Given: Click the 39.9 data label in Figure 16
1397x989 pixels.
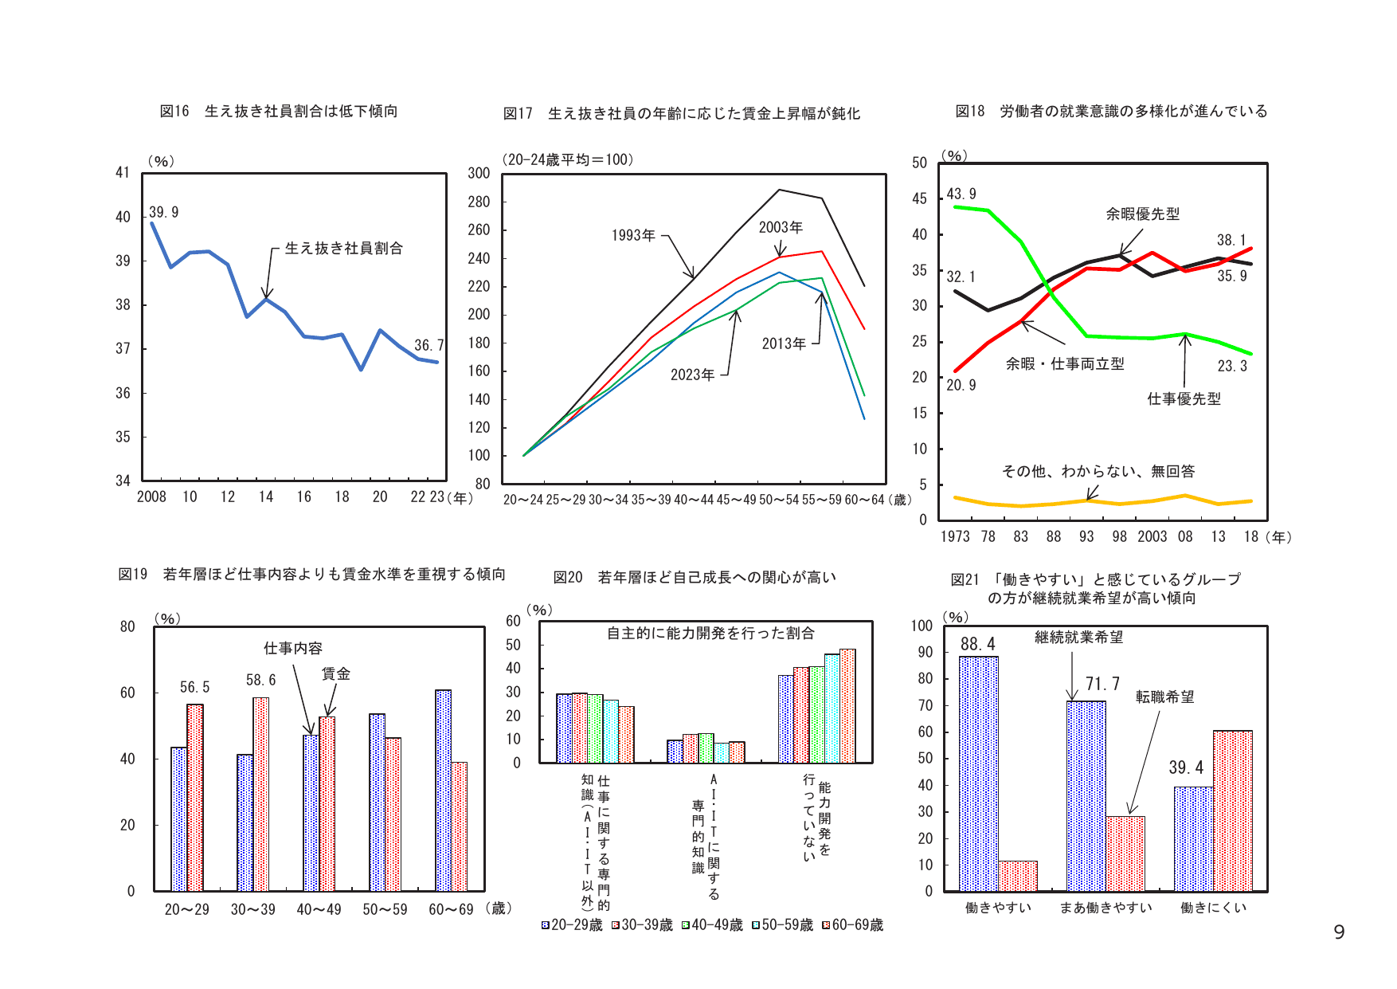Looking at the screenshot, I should click(x=164, y=212).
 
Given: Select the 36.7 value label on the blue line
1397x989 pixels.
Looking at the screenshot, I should click(x=428, y=345).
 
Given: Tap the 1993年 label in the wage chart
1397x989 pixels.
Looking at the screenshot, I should click(x=633, y=235).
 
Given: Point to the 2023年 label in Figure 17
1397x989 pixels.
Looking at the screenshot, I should click(x=692, y=375).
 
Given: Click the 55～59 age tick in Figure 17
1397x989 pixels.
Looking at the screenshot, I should click(x=821, y=500).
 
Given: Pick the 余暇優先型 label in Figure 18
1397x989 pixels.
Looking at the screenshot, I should click(x=1142, y=214).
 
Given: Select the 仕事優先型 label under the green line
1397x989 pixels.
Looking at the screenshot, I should click(x=1184, y=398).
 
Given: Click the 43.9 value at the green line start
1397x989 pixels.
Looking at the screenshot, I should click(x=961, y=194).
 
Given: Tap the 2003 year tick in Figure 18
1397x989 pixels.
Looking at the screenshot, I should click(x=1152, y=536).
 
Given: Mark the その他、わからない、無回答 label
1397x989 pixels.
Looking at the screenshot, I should click(x=1098, y=471).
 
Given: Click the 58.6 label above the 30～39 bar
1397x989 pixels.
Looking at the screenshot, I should click(x=260, y=680).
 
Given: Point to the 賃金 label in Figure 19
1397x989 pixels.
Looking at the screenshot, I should click(x=335, y=673).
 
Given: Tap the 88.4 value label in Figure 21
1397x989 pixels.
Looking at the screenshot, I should click(x=977, y=644).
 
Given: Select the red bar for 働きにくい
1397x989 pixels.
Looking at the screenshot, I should click(x=1232, y=810).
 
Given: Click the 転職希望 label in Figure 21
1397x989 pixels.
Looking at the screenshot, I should click(x=1164, y=697).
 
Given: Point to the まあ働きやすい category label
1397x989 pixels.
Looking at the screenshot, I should click(x=1105, y=908).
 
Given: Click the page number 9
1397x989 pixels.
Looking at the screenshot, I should click(x=1339, y=932).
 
